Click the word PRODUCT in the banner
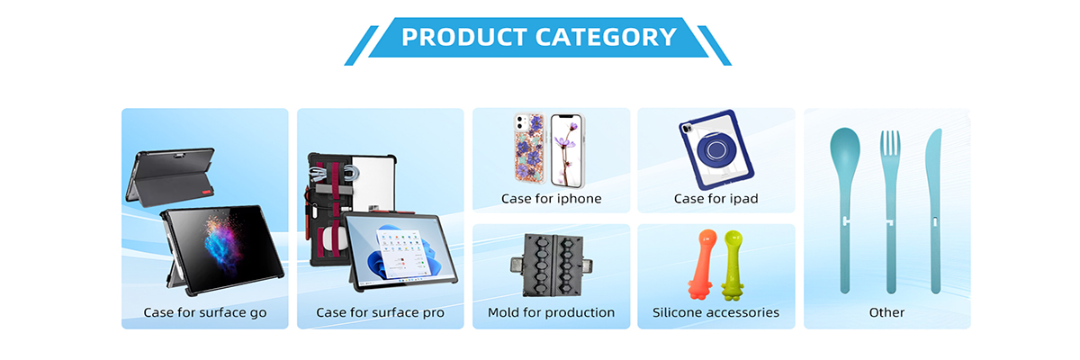463,37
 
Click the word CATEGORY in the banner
606,37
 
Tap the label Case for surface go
205,313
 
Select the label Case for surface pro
380,313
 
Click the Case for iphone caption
551,199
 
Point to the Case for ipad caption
716,199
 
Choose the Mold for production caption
551,312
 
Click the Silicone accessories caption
716,312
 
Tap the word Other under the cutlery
886,312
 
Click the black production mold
551,265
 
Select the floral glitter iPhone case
529,148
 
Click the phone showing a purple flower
568,151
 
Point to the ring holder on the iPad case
715,150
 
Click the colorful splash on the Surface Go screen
222,243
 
